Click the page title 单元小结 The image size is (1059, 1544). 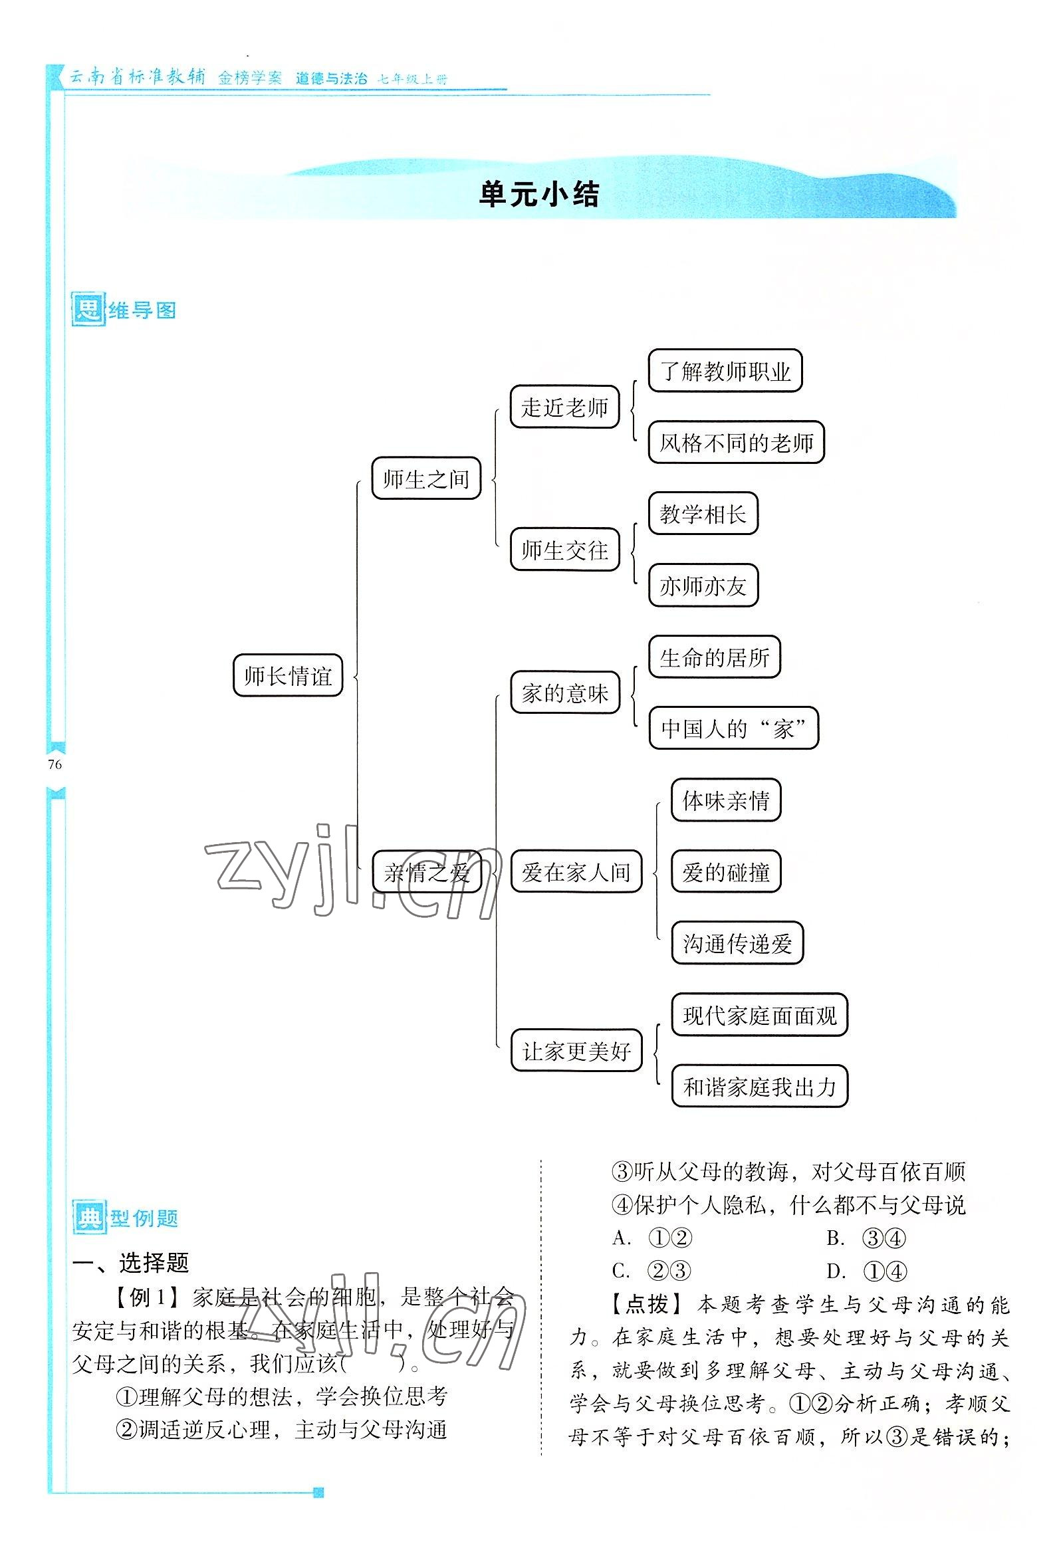pyautogui.click(x=538, y=195)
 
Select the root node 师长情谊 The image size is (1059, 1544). pyautogui.click(x=288, y=676)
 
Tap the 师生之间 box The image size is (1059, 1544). pyautogui.click(x=426, y=478)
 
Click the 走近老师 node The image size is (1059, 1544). pyautogui.click(x=564, y=407)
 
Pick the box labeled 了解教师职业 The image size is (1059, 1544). pyautogui.click(x=725, y=371)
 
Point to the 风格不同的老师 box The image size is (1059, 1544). pyautogui.click(x=736, y=442)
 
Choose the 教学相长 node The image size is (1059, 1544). pyautogui.click(x=703, y=514)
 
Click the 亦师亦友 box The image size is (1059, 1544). pyautogui.click(x=703, y=586)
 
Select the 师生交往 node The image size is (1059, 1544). pyautogui.click(x=564, y=550)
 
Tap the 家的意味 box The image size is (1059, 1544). pyautogui.click(x=564, y=693)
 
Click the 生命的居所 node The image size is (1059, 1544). pyautogui.click(x=714, y=657)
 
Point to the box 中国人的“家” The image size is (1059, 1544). pyautogui.click(x=733, y=728)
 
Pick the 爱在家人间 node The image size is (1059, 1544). pyautogui.click(x=576, y=871)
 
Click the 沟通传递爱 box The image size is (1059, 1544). pyautogui.click(x=737, y=943)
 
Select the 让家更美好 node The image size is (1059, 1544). pyautogui.click(x=576, y=1051)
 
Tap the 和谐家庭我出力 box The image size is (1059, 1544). pyautogui.click(x=759, y=1087)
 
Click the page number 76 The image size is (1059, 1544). pyautogui.click(x=55, y=764)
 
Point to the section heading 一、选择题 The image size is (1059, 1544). pyautogui.click(x=131, y=1262)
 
